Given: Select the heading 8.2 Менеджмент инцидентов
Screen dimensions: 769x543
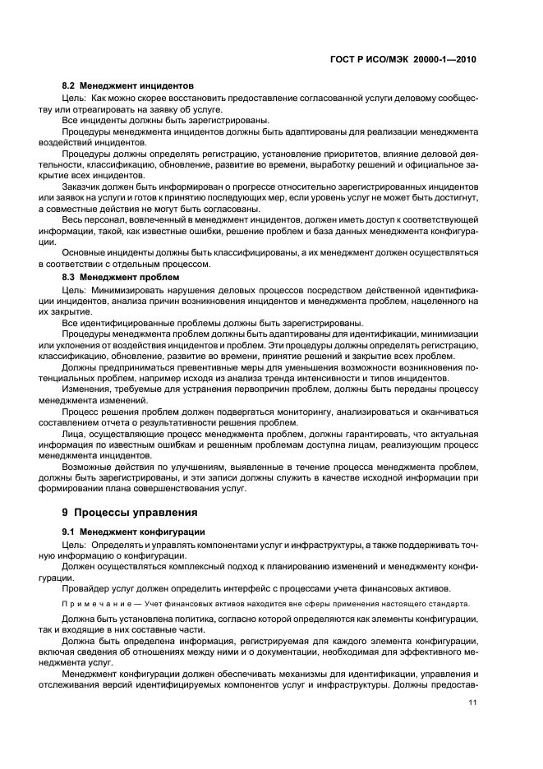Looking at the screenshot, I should [x=127, y=85].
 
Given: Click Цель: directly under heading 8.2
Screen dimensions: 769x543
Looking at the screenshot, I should [x=75, y=98].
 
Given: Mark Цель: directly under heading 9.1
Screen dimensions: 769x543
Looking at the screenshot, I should [x=75, y=545].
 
